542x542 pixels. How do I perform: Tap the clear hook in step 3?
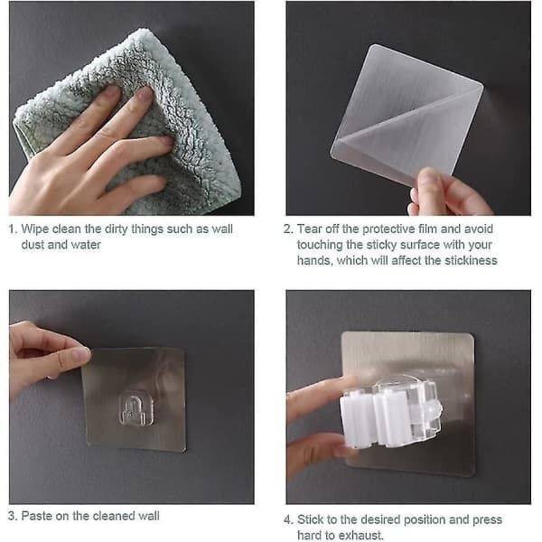tap(135, 408)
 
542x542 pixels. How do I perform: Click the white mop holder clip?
tap(390, 413)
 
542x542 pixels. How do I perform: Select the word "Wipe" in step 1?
tap(35, 229)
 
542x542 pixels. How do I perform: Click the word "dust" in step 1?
tap(33, 245)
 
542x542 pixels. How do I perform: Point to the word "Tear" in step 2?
tap(309, 229)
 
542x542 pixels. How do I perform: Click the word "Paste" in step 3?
tap(37, 516)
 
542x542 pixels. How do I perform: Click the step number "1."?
tap(13, 229)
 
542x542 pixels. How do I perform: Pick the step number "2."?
tap(288, 229)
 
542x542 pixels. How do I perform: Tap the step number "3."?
tap(13, 516)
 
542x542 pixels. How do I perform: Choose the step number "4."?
tap(288, 519)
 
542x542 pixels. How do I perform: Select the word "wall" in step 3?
tap(149, 516)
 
